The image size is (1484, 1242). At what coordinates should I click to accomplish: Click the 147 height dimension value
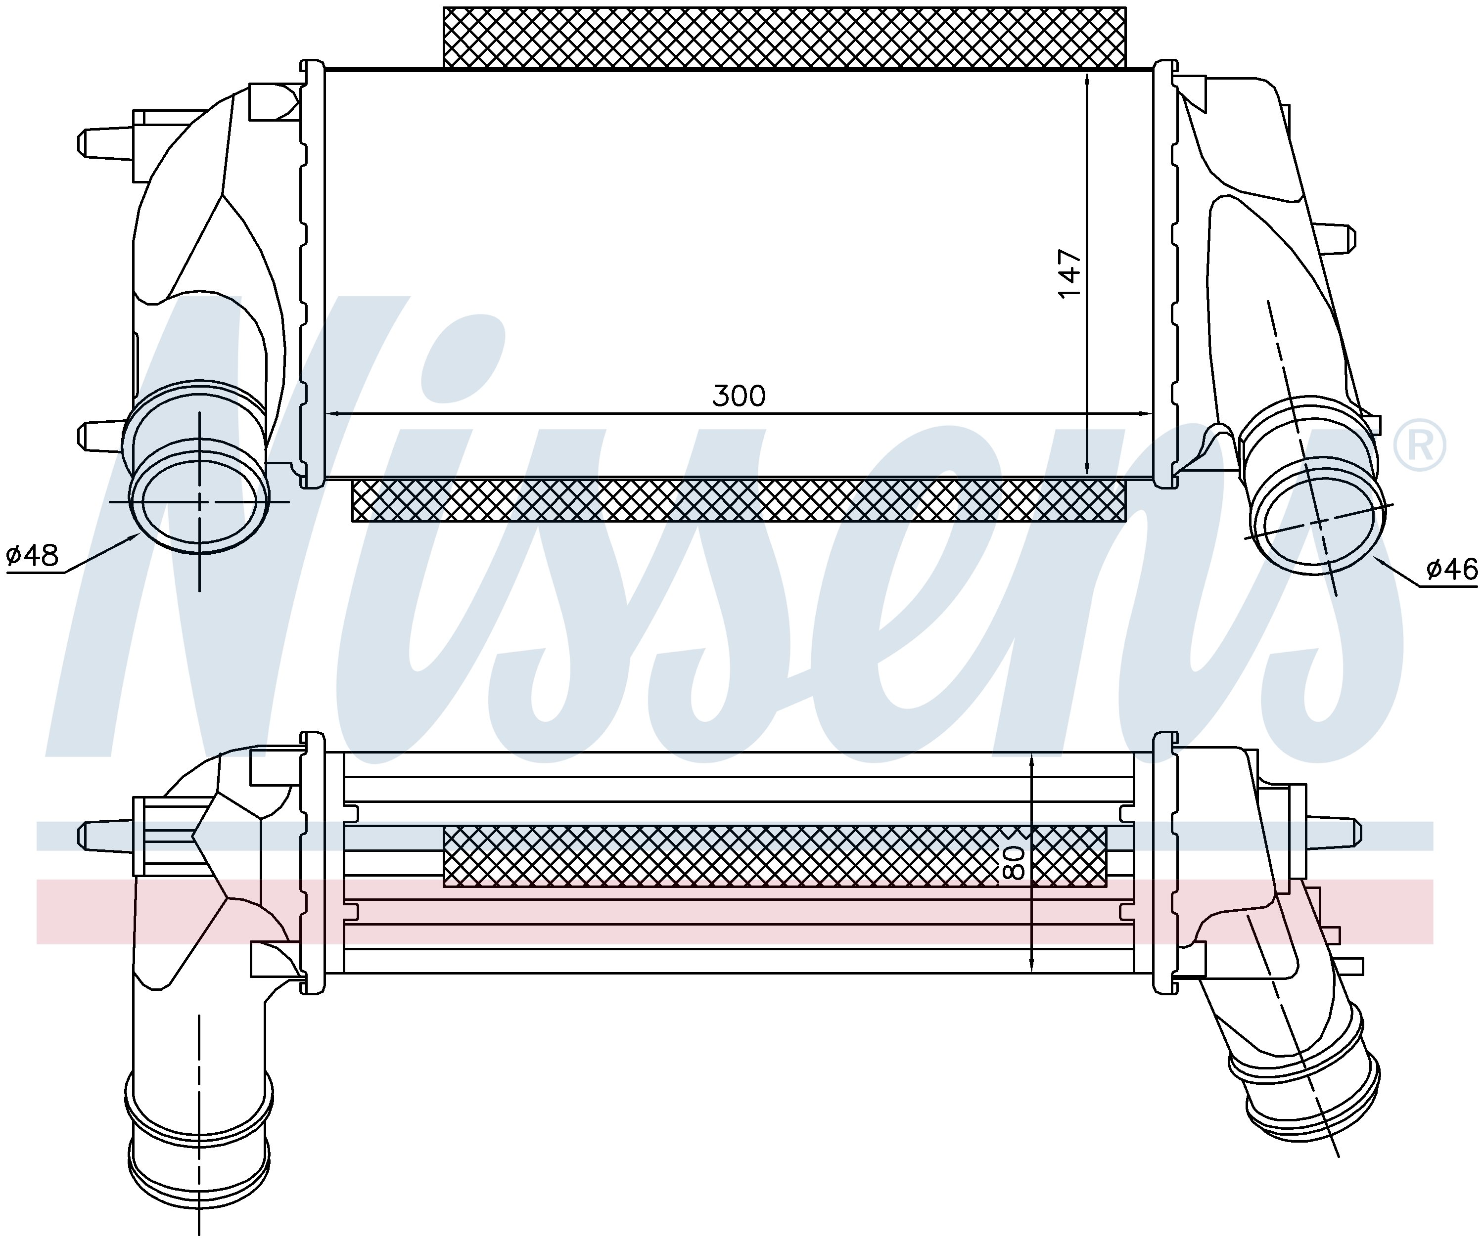tap(1069, 273)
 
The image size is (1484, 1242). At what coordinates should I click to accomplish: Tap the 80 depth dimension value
tap(1014, 862)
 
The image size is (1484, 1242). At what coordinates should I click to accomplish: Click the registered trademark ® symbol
tap(1419, 445)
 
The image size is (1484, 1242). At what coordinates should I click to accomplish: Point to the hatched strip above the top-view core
tap(785, 38)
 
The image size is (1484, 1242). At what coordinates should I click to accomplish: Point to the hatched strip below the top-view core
tap(739, 501)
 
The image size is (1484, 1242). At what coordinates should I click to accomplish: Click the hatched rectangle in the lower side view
tap(775, 855)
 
